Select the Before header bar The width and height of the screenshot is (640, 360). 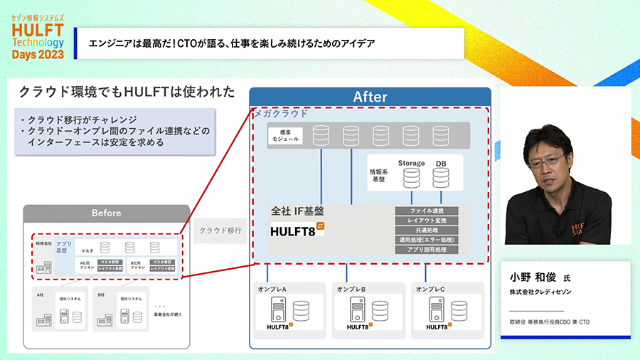(106, 213)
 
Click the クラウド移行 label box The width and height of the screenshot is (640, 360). (220, 231)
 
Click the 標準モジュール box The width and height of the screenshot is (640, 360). (285, 135)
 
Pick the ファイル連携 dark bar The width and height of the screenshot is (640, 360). (427, 211)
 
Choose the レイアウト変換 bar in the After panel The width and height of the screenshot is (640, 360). (427, 221)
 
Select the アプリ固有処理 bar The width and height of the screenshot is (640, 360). (427, 250)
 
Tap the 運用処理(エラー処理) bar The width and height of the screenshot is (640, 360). (427, 240)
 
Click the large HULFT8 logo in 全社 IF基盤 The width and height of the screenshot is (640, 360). (297, 230)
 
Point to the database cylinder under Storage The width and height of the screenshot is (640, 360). (411, 179)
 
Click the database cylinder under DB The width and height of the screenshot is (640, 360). (440, 179)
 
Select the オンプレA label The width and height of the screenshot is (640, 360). (272, 289)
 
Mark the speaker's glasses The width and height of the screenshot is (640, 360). (548, 158)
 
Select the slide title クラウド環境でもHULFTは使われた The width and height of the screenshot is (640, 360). (127, 92)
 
